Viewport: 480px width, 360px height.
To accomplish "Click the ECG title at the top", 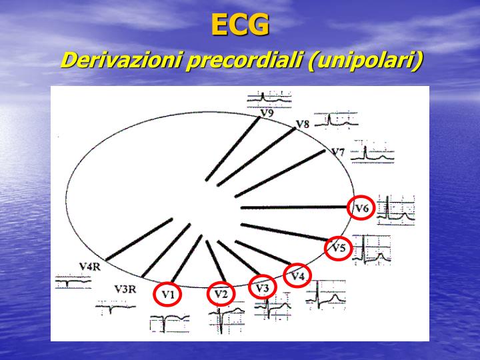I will pos(240,25).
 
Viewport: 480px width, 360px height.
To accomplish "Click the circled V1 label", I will pos(167,293).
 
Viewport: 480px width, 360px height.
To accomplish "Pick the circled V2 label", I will pos(221,293).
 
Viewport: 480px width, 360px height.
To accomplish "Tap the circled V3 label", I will pos(262,287).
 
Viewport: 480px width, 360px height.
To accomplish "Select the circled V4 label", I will pos(297,275).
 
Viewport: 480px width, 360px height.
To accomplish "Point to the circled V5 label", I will pos(339,249).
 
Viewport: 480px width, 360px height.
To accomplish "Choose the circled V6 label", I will pos(361,209).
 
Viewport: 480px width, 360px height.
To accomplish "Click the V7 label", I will pos(338,153).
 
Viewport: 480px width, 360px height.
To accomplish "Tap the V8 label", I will pos(302,125).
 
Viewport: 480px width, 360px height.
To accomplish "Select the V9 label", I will pos(267,113).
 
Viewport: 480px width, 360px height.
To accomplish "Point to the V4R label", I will pos(89,267).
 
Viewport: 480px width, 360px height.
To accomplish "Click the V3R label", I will pos(125,289).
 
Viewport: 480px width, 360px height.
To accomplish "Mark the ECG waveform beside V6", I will pos(396,209).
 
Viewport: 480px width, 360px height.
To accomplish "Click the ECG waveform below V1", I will pos(169,323).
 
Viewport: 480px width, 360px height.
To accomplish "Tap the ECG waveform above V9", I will pos(264,99).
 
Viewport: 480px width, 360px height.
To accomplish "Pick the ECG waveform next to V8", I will pos(336,121).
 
